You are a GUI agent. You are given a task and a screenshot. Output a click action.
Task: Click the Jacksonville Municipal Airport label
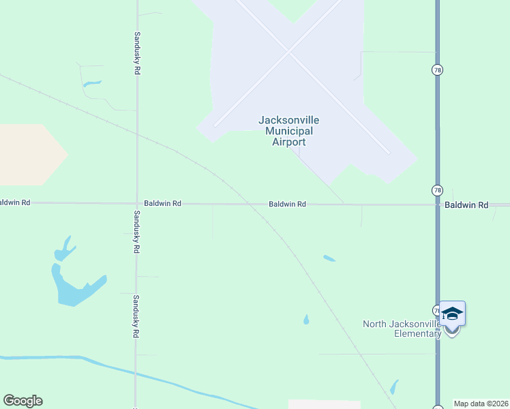point(288,131)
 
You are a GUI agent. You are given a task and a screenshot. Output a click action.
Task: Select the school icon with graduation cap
point(452,314)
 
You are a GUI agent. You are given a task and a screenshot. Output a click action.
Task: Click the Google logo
point(22,401)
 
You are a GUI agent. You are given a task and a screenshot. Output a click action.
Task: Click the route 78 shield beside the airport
point(437,70)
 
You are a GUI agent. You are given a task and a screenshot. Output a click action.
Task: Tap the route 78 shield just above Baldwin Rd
point(437,190)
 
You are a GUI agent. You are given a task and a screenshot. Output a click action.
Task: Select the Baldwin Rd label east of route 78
point(467,204)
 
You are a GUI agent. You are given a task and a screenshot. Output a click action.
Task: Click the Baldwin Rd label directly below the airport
point(286,204)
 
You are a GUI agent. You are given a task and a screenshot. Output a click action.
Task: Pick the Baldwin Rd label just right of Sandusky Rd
point(162,203)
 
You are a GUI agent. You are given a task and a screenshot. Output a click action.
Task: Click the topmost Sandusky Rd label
point(137,53)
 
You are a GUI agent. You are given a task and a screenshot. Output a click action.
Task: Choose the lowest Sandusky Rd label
point(137,317)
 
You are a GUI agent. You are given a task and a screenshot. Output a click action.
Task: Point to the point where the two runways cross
point(288,51)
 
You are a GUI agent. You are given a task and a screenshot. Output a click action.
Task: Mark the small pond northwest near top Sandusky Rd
point(91,84)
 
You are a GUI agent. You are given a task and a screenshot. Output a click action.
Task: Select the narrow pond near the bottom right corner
point(394,387)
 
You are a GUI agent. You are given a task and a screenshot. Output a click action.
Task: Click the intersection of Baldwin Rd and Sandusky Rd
point(137,203)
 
